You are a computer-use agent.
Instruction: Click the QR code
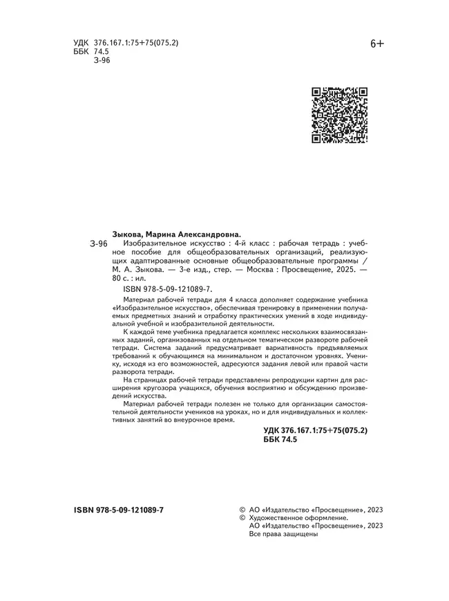339,115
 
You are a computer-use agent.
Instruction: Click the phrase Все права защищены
283,534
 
